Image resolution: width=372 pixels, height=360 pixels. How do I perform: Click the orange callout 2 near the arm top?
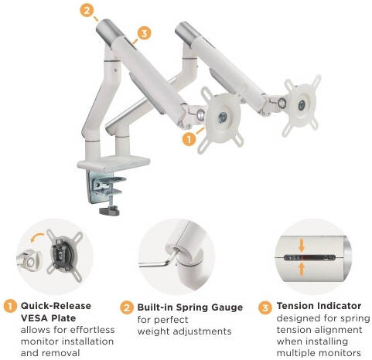click(87, 11)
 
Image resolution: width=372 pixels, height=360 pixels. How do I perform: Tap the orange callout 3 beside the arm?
click(144, 33)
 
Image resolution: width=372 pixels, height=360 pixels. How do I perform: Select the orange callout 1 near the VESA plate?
click(189, 139)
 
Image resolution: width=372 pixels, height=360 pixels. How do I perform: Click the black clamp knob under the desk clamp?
click(109, 211)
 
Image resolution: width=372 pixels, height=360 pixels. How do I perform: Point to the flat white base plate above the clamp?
click(114, 163)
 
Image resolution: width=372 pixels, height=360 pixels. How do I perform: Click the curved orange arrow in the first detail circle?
click(37, 237)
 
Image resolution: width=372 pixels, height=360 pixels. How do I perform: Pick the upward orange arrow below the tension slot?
click(302, 270)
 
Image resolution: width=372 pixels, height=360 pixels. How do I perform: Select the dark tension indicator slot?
click(309, 257)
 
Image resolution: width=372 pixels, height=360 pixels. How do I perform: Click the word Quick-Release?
click(56, 306)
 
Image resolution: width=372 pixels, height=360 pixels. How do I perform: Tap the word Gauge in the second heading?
click(227, 307)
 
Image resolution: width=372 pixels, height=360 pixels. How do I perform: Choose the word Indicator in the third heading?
click(340, 306)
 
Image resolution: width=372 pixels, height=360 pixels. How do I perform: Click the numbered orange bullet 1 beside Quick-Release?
click(10, 307)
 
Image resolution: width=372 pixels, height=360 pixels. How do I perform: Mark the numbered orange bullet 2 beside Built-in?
click(127, 307)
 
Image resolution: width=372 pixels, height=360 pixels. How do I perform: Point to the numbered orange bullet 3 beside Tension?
click(265, 307)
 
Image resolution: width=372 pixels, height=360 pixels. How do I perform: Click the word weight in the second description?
click(153, 331)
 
